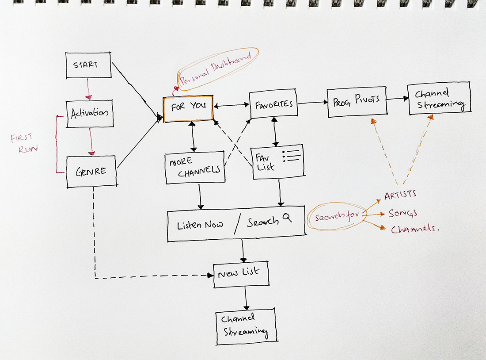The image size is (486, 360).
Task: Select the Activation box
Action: [90, 114]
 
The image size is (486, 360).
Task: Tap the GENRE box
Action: [91, 171]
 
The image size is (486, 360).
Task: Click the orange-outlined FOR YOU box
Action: [188, 108]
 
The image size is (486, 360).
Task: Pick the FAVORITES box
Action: [274, 105]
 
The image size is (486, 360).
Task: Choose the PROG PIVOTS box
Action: [357, 103]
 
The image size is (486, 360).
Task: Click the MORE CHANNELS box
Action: [195, 168]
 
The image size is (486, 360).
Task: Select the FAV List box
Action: [278, 162]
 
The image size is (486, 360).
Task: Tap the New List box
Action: [241, 274]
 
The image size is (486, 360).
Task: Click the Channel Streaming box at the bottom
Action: [246, 326]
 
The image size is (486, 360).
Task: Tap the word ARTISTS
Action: [400, 195]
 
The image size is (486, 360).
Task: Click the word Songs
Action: [403, 213]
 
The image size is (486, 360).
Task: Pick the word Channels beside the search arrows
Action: [415, 229]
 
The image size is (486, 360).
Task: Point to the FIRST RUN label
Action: [25, 143]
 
